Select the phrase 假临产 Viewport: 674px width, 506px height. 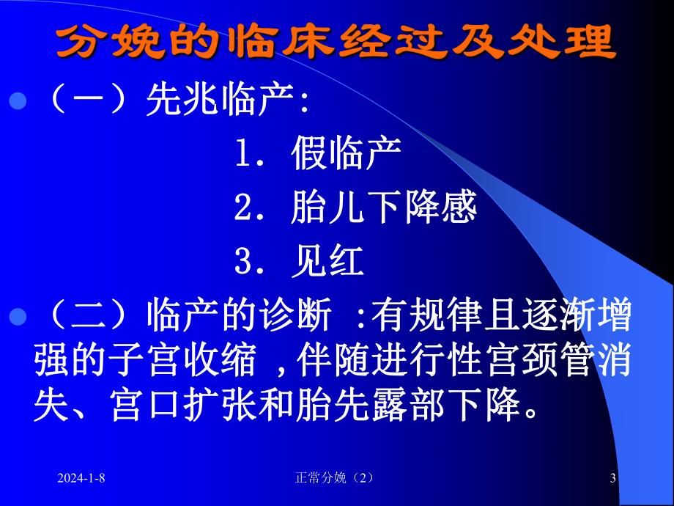click(347, 155)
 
